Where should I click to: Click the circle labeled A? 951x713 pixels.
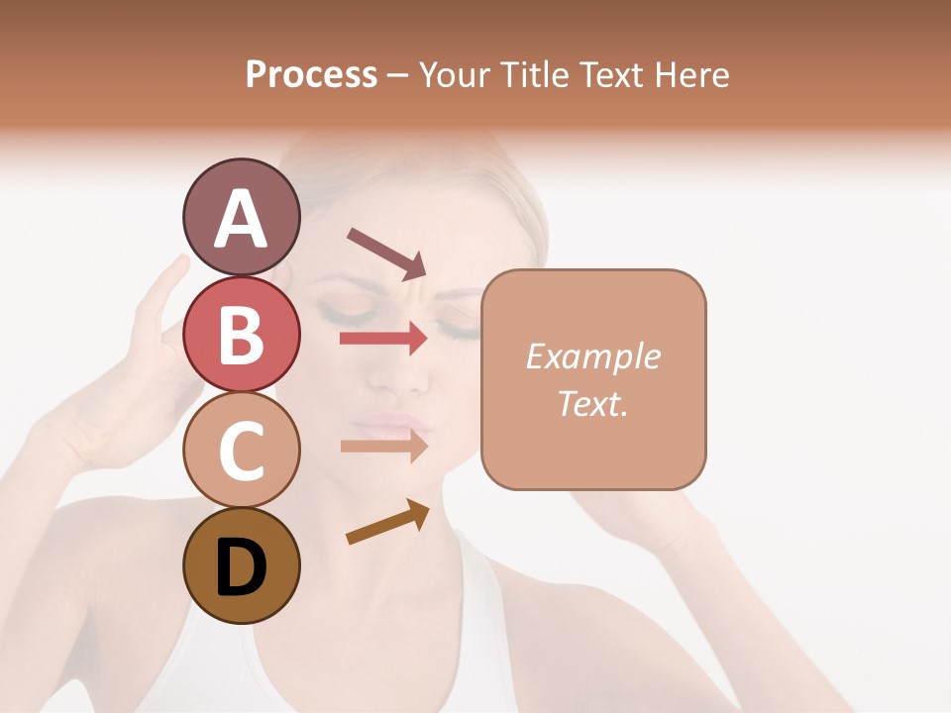[241, 218]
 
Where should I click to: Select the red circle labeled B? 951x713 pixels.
[241, 334]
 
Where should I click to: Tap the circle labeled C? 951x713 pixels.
[241, 450]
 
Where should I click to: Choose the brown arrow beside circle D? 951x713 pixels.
[386, 522]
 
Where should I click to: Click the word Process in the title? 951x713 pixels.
[311, 74]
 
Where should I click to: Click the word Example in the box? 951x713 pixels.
[592, 356]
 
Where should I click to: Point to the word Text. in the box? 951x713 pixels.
[592, 403]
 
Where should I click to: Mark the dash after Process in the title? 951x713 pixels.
[397, 75]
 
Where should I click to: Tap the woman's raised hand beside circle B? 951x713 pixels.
[158, 327]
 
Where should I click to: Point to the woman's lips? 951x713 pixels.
[391, 428]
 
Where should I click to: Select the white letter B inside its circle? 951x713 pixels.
[241, 334]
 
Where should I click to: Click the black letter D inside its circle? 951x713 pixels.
[241, 567]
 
